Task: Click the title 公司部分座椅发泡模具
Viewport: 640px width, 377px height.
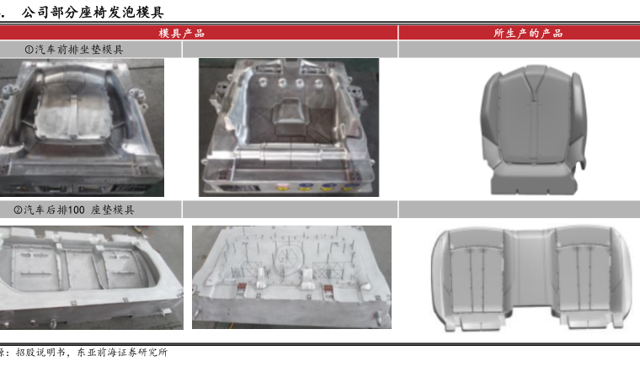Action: click(x=93, y=13)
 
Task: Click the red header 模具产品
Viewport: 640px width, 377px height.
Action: click(x=182, y=33)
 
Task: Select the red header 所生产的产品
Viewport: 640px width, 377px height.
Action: click(x=528, y=33)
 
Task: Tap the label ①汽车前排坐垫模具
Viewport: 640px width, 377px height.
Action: click(x=74, y=50)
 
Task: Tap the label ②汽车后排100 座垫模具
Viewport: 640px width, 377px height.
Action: click(x=74, y=210)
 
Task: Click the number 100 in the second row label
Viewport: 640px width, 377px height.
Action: click(x=76, y=210)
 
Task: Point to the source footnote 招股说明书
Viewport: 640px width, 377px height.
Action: click(x=40, y=352)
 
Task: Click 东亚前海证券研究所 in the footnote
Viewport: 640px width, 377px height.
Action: click(x=122, y=352)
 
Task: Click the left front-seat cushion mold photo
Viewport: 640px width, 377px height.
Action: click(x=82, y=127)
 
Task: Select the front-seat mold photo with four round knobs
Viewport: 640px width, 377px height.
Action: click(x=289, y=127)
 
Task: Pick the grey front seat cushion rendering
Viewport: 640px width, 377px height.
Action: click(x=533, y=130)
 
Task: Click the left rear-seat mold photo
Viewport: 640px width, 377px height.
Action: click(x=92, y=278)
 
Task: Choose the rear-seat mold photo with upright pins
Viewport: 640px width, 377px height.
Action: click(x=291, y=277)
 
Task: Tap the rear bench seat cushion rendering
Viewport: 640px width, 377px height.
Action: click(x=531, y=279)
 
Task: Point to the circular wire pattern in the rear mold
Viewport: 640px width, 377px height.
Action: click(x=287, y=257)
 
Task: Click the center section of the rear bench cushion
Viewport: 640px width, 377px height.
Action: click(x=531, y=269)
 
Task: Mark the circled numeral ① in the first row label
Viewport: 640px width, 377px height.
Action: click(x=29, y=50)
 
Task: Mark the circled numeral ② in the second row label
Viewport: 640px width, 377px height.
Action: click(x=18, y=210)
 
